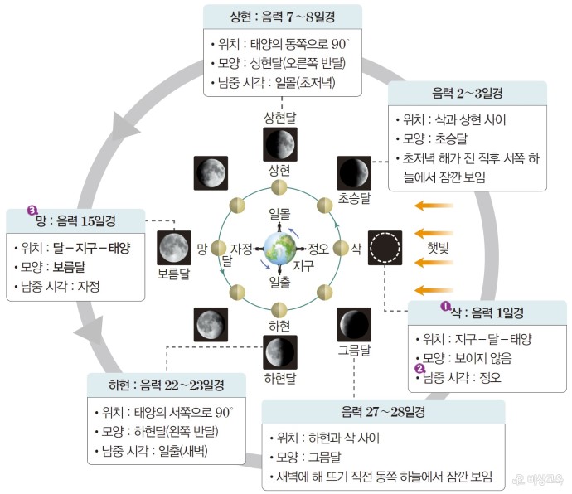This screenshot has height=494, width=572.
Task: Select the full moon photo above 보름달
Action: (174, 246)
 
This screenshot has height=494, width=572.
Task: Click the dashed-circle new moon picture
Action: (385, 247)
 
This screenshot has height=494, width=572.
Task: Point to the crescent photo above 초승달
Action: (354, 172)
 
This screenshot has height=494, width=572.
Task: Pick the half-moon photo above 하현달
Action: (280, 351)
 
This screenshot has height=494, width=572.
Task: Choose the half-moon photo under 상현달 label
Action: (280, 143)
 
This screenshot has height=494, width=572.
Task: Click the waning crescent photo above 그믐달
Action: (354, 323)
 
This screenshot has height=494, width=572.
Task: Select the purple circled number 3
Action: (33, 211)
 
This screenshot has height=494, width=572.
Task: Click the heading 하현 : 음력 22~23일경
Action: (167, 385)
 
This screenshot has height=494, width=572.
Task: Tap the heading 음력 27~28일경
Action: (382, 412)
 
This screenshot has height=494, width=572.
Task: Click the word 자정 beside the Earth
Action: (242, 248)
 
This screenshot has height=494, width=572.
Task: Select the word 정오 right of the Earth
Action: (318, 248)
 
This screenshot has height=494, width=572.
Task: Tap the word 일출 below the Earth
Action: (279, 282)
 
